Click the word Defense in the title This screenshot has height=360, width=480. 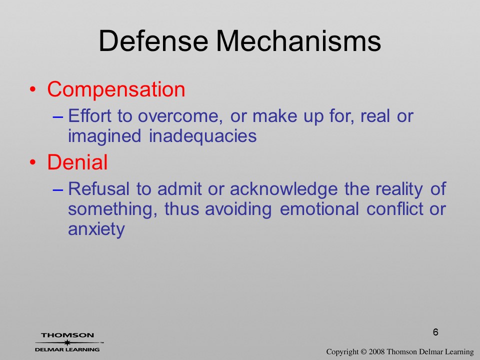[153, 41]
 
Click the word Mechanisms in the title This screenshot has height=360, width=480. [298, 41]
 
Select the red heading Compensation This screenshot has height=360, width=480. [116, 89]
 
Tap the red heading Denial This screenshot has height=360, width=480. [77, 162]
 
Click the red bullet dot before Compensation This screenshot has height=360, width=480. [33, 89]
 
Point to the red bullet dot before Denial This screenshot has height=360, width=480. [33, 162]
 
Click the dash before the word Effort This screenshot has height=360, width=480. [58, 116]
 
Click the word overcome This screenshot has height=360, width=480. [180, 116]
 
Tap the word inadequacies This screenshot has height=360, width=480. [202, 135]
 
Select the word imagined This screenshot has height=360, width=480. [104, 136]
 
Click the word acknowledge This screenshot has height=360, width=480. [283, 189]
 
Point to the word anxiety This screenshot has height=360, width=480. [96, 229]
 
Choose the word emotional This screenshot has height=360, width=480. [319, 209]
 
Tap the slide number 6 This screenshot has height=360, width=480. [435, 332]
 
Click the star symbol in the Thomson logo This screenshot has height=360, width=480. [67, 342]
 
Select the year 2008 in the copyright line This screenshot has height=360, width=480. [376, 351]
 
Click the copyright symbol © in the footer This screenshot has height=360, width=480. [363, 351]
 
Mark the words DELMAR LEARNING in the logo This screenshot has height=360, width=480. [67, 349]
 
